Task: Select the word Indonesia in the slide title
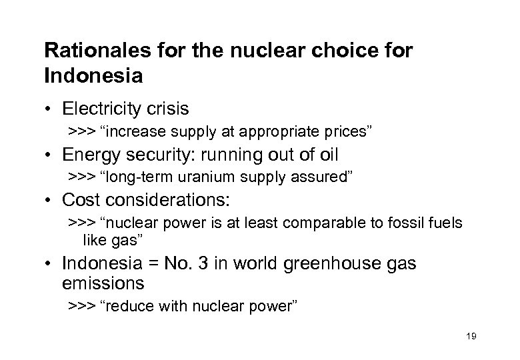(x=93, y=75)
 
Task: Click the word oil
(x=327, y=155)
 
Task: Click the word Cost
(x=79, y=200)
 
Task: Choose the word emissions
(x=103, y=283)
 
